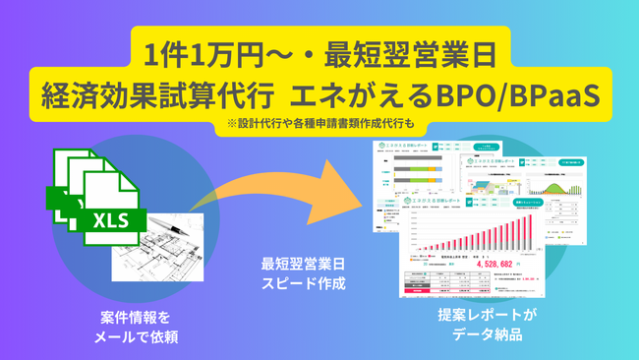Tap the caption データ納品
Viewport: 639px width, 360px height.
pyautogui.click(x=486, y=335)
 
